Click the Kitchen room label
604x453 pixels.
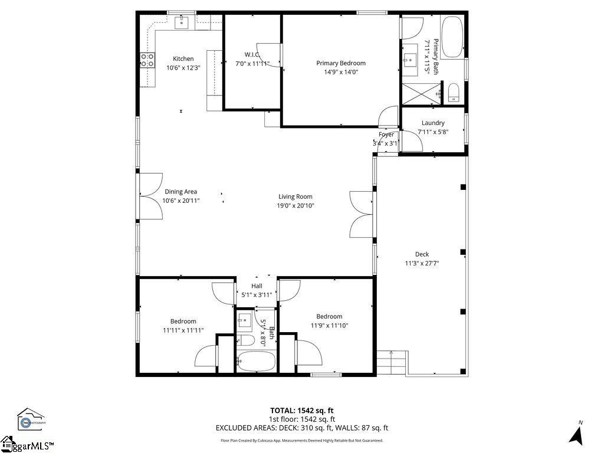(x=183, y=58)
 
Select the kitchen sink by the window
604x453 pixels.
(x=182, y=22)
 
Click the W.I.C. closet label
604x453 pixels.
(x=252, y=54)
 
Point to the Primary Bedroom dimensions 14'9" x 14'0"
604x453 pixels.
(x=341, y=72)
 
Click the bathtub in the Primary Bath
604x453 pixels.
(x=453, y=37)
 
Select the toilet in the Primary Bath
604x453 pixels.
(x=454, y=93)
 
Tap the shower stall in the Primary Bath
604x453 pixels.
(x=421, y=94)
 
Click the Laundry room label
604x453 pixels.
(x=433, y=123)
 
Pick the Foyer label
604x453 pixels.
(x=386, y=134)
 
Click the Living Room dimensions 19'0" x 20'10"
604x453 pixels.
(x=296, y=206)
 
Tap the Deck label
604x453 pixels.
(x=422, y=254)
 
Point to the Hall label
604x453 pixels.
(x=257, y=286)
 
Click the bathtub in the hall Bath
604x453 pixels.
(x=256, y=361)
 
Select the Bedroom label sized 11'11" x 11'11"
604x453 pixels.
(x=183, y=321)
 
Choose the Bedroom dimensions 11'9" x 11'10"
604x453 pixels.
(x=329, y=325)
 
